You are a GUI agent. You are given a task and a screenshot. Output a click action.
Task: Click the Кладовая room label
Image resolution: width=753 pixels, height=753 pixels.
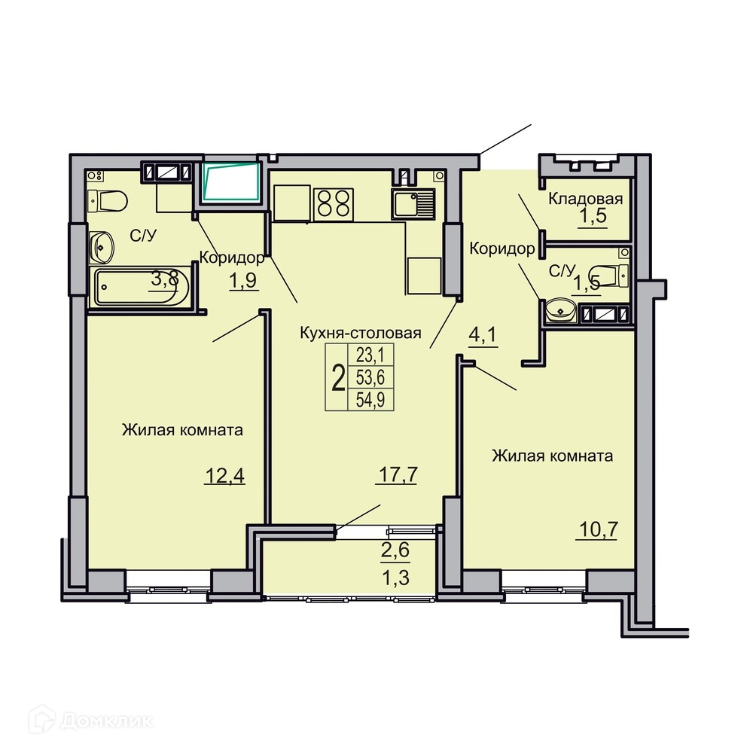pyautogui.click(x=585, y=199)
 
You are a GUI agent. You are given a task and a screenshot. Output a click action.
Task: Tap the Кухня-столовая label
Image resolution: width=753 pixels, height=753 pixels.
pyautogui.click(x=361, y=333)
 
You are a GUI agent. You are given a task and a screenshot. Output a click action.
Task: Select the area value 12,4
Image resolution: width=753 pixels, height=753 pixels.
pyautogui.click(x=224, y=476)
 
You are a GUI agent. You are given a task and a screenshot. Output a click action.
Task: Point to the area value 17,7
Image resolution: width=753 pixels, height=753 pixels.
pyautogui.click(x=398, y=474)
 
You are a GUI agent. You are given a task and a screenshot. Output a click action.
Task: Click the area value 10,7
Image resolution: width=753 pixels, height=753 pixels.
pyautogui.click(x=598, y=530)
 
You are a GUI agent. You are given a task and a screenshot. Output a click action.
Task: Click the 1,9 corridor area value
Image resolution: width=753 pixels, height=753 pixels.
pyautogui.click(x=243, y=281)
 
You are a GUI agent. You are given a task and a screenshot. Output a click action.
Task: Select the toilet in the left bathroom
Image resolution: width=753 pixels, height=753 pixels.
pyautogui.click(x=107, y=200)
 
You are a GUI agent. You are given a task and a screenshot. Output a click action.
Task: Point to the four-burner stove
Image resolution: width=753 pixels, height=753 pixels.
pyautogui.click(x=334, y=205)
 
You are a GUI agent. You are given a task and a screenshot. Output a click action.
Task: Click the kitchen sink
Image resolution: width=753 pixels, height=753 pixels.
pyautogui.click(x=413, y=203)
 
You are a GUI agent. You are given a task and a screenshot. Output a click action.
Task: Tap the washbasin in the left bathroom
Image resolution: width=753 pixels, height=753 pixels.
pyautogui.click(x=102, y=248)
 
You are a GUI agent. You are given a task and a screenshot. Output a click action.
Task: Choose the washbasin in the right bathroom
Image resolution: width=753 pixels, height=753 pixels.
pyautogui.click(x=562, y=309)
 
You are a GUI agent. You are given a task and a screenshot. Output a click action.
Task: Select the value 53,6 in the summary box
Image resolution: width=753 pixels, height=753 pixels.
pyautogui.click(x=370, y=377)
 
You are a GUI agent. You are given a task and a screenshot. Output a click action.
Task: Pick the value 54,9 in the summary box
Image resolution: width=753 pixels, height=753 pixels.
pyautogui.click(x=370, y=400)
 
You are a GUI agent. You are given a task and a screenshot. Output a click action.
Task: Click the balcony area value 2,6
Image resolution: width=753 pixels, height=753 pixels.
pyautogui.click(x=395, y=550)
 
